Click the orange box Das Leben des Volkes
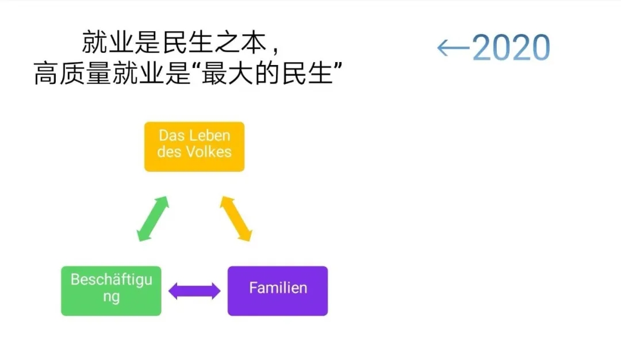[x=194, y=147]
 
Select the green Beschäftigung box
[x=111, y=290]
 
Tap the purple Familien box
[x=278, y=290]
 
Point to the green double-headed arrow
[x=152, y=219]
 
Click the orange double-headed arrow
[x=236, y=219]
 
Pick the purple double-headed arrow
[x=194, y=291]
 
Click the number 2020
[x=511, y=48]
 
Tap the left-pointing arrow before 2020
[x=453, y=48]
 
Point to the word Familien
[x=278, y=288]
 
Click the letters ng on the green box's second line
[x=112, y=298]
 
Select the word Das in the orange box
[x=171, y=136]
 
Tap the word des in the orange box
[x=169, y=152]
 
